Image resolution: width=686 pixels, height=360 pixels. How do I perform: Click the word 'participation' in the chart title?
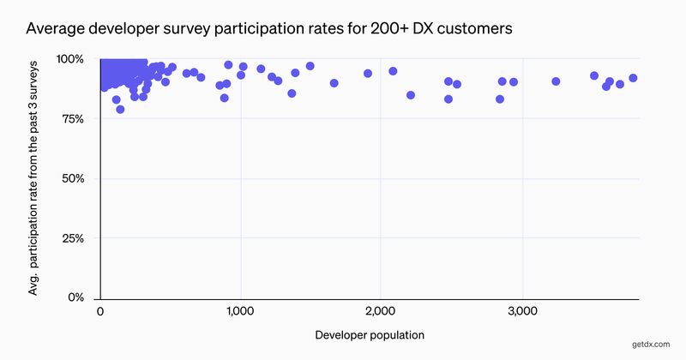pyautogui.click(x=258, y=28)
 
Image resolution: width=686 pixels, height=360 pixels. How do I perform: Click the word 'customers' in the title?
pyautogui.click(x=470, y=28)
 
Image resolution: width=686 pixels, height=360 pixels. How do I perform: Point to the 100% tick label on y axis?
pyautogui.click(x=70, y=59)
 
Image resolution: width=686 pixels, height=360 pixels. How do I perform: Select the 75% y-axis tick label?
pyautogui.click(x=74, y=119)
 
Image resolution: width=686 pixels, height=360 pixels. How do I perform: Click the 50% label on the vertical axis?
pyautogui.click(x=73, y=178)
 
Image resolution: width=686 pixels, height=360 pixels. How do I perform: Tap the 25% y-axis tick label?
pyautogui.click(x=73, y=238)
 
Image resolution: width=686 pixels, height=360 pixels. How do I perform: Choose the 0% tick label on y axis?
pyautogui.click(x=77, y=297)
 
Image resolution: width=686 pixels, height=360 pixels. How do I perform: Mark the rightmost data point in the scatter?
pyautogui.click(x=633, y=78)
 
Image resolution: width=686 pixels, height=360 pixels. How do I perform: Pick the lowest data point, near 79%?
pyautogui.click(x=120, y=109)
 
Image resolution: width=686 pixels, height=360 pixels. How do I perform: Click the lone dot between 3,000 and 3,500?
pyautogui.click(x=556, y=81)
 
